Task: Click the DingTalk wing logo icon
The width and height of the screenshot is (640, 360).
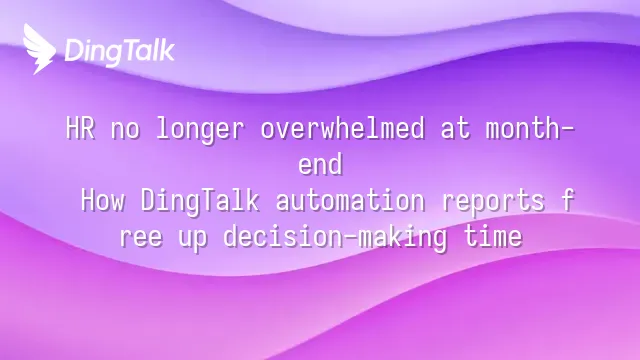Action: click(39, 49)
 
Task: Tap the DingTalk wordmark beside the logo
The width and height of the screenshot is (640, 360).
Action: click(120, 51)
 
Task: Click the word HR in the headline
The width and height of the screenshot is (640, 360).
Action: click(80, 128)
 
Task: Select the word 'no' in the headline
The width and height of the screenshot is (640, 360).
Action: click(125, 131)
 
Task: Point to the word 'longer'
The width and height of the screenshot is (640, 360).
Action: click(200, 131)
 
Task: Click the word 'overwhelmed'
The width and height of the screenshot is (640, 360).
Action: click(342, 128)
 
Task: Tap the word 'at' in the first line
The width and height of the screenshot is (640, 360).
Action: click(455, 130)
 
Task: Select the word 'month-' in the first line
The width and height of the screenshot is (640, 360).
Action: click(530, 128)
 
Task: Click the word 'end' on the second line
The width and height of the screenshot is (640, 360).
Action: click(320, 164)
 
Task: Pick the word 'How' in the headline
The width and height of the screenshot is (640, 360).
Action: click(103, 200)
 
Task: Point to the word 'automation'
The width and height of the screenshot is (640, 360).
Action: click(350, 200)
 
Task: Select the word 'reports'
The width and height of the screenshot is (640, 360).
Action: click(493, 202)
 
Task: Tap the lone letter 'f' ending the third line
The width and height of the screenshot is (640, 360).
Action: click(567, 200)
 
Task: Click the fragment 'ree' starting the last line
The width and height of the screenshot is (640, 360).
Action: click(141, 238)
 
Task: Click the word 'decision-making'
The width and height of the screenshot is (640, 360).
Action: click(335, 238)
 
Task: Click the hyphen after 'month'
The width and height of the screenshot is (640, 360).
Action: click(567, 129)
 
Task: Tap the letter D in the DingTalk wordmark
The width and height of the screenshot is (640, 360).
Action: click(73, 51)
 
